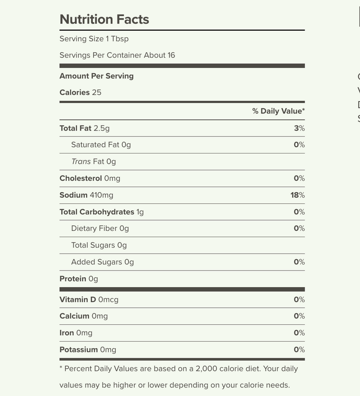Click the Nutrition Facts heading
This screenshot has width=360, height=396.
tap(104, 19)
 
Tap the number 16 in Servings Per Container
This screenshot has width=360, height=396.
tap(171, 55)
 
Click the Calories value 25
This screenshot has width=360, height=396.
tap(96, 93)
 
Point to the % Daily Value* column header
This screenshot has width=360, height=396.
tap(278, 111)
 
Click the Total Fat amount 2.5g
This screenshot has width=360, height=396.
tap(101, 128)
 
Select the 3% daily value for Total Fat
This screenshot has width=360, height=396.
tap(299, 128)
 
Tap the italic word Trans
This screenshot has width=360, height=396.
tap(81, 162)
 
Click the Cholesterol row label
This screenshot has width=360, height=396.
tap(81, 178)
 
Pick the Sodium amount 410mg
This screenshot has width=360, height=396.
tap(101, 195)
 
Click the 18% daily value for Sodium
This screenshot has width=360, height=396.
tap(297, 195)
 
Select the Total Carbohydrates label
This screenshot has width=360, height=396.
tap(97, 212)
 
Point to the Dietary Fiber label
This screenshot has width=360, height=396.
tap(94, 229)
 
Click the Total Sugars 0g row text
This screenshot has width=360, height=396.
tap(99, 245)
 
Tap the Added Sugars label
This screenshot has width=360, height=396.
tap(96, 262)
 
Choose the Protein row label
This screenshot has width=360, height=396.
tap(72, 279)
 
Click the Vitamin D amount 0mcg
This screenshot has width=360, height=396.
tap(108, 300)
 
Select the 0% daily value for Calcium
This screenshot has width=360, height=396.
tap(299, 316)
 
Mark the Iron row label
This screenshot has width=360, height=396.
tap(67, 333)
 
